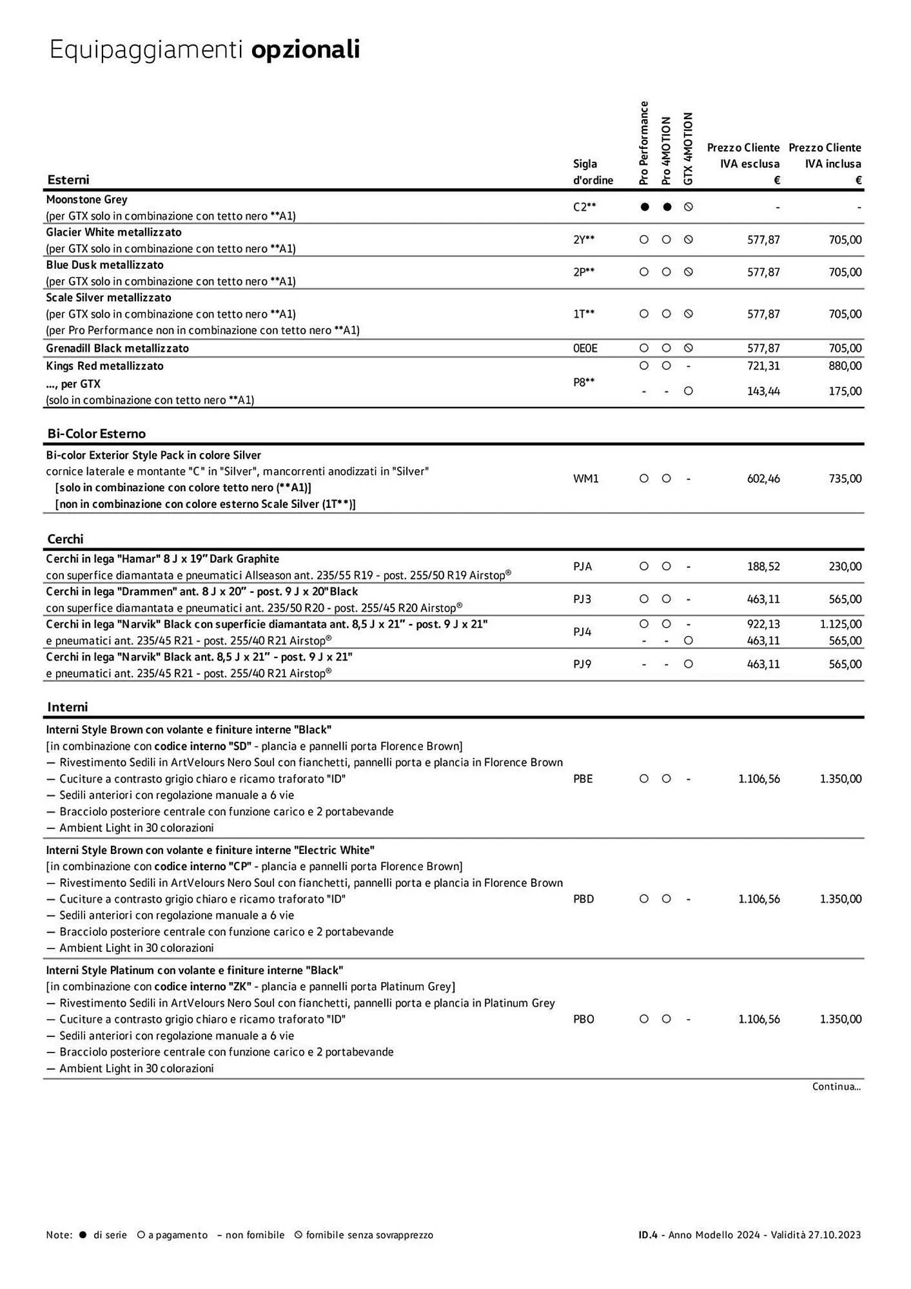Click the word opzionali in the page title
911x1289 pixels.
[x=305, y=50]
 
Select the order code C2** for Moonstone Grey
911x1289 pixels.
[x=584, y=207]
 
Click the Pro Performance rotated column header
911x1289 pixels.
[x=643, y=143]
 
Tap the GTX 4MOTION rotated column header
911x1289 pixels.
[x=688, y=149]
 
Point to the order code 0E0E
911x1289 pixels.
[x=585, y=348]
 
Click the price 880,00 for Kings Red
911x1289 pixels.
[x=845, y=365]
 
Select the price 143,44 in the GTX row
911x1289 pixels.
[x=763, y=391]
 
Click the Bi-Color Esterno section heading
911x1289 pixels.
[x=97, y=434]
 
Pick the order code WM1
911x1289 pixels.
[x=585, y=479]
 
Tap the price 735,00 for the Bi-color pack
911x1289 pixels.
[x=845, y=479]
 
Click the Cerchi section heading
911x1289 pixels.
[x=65, y=539]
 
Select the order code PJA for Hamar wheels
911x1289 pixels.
[x=582, y=567]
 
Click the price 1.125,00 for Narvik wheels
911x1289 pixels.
[x=841, y=624]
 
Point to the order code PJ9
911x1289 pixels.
[x=582, y=664]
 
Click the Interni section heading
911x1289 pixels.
[x=67, y=707]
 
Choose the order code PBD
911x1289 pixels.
[x=583, y=899]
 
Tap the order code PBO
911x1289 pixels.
[x=583, y=1019]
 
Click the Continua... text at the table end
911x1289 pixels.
[x=836, y=1087]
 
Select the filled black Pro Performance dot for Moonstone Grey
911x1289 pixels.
[x=643, y=207]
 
